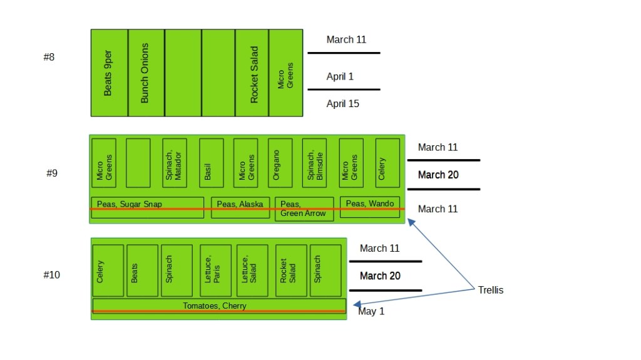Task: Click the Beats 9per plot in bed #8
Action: [x=109, y=73]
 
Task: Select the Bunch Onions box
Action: [x=146, y=73]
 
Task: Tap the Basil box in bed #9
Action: [x=211, y=163]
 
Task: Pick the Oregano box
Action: [x=280, y=163]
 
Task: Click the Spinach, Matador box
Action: [x=174, y=163]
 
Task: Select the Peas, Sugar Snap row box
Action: [x=147, y=207]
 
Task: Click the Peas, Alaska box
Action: [x=240, y=207]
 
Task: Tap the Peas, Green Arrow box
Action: [x=304, y=209]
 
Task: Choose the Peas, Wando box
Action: [x=370, y=207]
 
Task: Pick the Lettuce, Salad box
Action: [x=252, y=270]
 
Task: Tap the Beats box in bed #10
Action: [x=142, y=270]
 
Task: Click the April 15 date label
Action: [x=343, y=104]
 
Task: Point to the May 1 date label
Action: [x=371, y=311]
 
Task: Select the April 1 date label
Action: [x=340, y=76]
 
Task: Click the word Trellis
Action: [x=491, y=290]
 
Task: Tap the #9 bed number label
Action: [x=52, y=173]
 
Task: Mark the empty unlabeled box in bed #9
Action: [x=138, y=163]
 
